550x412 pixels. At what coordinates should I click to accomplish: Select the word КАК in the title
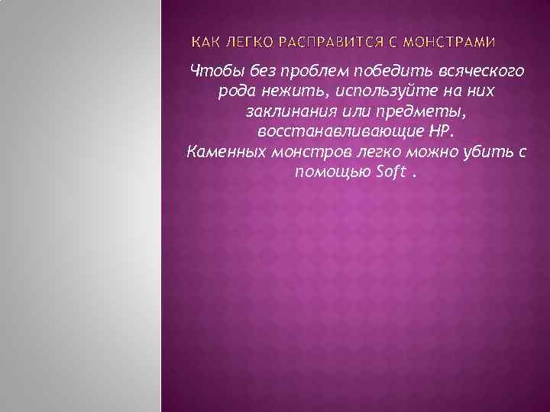[x=204, y=40]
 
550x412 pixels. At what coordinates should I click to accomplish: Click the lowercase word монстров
[x=308, y=151]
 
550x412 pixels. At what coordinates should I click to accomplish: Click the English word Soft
[x=391, y=171]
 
